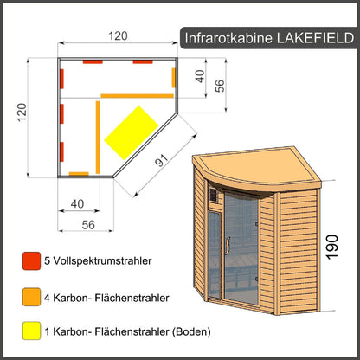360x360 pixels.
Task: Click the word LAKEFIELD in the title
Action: pyautogui.click(x=307, y=37)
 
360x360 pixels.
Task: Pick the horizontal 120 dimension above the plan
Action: pyautogui.click(x=118, y=35)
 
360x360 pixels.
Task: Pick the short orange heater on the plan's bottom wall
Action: pyautogui.click(x=78, y=173)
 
